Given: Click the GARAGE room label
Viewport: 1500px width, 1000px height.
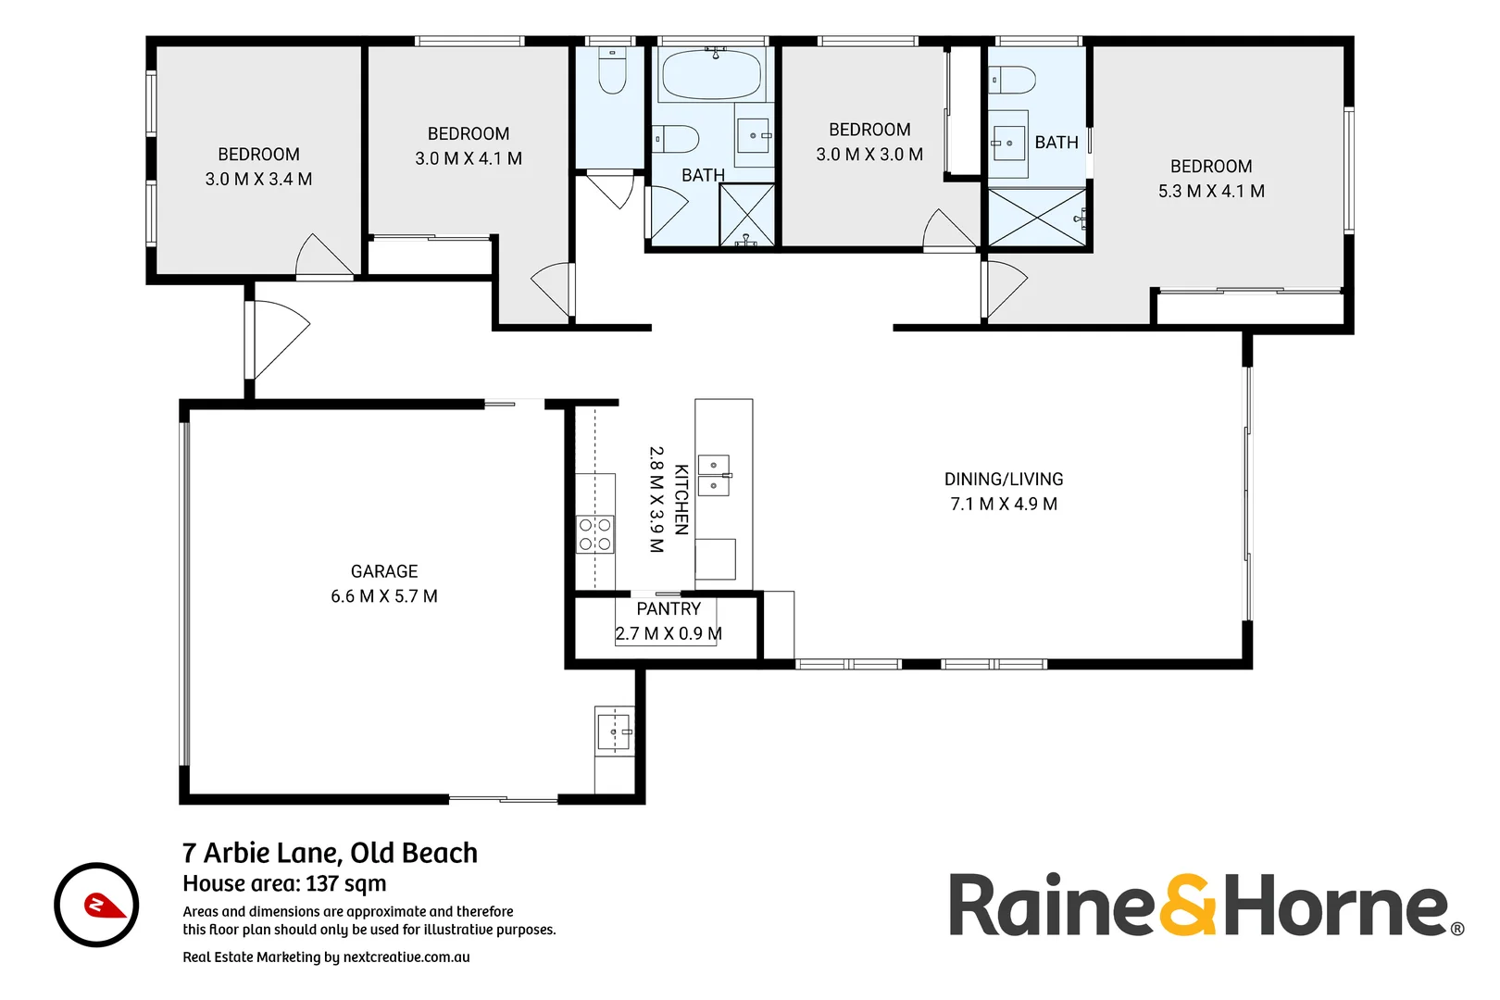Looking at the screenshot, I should (x=384, y=571).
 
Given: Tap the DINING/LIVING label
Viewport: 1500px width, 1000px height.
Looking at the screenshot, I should (x=1004, y=479).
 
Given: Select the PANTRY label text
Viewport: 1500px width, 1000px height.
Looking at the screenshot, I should (x=669, y=608).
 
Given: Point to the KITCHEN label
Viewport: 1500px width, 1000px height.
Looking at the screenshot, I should (x=681, y=499).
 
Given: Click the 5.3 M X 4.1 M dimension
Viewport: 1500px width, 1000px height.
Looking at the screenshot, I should (x=1211, y=191).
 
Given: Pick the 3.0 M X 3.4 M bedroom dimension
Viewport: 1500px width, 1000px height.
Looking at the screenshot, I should (x=258, y=179).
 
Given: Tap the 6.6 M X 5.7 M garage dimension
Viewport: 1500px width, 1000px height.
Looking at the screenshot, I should (x=384, y=596).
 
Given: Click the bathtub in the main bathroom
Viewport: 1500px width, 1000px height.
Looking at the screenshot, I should (x=712, y=73).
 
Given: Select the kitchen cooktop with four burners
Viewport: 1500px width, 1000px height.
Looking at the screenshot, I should (x=594, y=534).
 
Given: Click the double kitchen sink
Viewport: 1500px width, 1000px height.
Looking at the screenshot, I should (x=713, y=476).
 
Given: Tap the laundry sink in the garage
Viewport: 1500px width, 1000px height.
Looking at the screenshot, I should (x=613, y=731).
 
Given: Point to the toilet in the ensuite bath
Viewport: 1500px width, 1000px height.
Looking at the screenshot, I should (x=1013, y=80).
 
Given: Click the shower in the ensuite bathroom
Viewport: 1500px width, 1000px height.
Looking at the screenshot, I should (x=1037, y=217).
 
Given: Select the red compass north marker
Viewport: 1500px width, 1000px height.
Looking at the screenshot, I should (x=105, y=905).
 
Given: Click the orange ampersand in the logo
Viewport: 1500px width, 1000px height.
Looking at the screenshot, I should (x=1187, y=905).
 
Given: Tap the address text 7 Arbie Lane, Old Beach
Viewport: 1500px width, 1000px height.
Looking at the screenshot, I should (x=330, y=853).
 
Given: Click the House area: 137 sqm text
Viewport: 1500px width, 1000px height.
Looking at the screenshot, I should (x=284, y=883).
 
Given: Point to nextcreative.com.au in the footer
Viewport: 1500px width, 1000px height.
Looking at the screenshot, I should (x=406, y=957).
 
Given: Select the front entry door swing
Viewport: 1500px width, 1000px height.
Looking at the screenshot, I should (x=281, y=339).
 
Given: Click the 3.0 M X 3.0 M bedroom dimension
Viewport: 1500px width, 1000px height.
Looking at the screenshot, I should (x=869, y=155).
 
